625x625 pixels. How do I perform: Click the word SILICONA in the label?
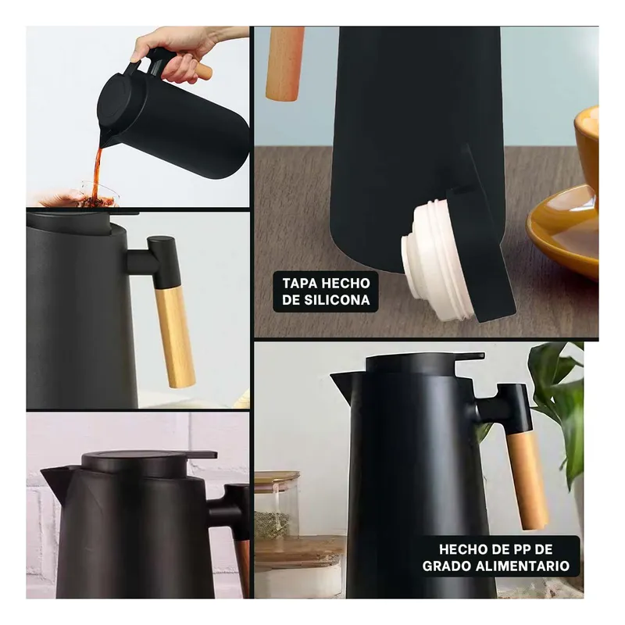click(x=337, y=300)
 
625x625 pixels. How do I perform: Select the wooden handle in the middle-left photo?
click(x=174, y=336)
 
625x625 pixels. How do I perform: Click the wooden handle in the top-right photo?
click(x=284, y=62)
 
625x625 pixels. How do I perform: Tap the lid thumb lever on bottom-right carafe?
click(x=469, y=357)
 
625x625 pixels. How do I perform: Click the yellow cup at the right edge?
click(x=587, y=148)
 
